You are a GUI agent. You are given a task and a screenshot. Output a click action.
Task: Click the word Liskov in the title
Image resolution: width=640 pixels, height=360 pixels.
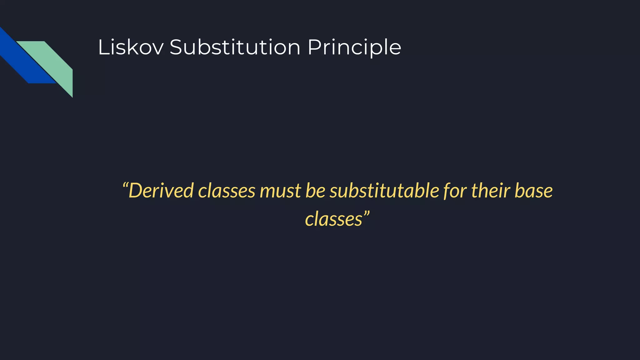(131, 47)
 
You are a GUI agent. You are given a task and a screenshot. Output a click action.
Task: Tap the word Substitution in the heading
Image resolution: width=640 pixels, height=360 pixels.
(235, 47)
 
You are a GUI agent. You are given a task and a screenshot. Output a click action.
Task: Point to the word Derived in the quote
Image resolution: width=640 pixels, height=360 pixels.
(161, 190)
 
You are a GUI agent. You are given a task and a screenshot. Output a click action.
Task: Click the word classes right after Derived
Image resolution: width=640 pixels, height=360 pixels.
(227, 190)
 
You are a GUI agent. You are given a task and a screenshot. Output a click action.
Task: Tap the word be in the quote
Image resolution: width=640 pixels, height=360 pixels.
(315, 190)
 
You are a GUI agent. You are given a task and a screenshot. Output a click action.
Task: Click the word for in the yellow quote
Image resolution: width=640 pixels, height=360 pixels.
(455, 191)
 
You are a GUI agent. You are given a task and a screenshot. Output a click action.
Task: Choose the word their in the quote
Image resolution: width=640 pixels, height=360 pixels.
(490, 190)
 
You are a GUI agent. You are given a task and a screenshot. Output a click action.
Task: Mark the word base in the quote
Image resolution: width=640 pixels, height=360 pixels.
(533, 191)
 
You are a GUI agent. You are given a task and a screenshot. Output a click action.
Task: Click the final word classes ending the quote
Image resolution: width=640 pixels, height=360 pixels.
(333, 219)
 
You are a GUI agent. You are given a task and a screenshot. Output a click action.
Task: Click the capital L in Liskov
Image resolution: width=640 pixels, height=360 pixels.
(103, 47)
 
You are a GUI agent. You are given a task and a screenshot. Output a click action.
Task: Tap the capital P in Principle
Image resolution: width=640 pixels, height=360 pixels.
(314, 47)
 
